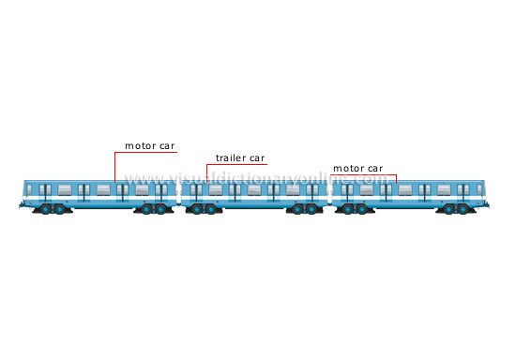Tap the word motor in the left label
[x=138, y=146]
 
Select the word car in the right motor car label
[x=372, y=169]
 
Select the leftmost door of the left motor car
[x=44, y=192]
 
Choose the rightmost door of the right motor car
[x=463, y=192]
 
